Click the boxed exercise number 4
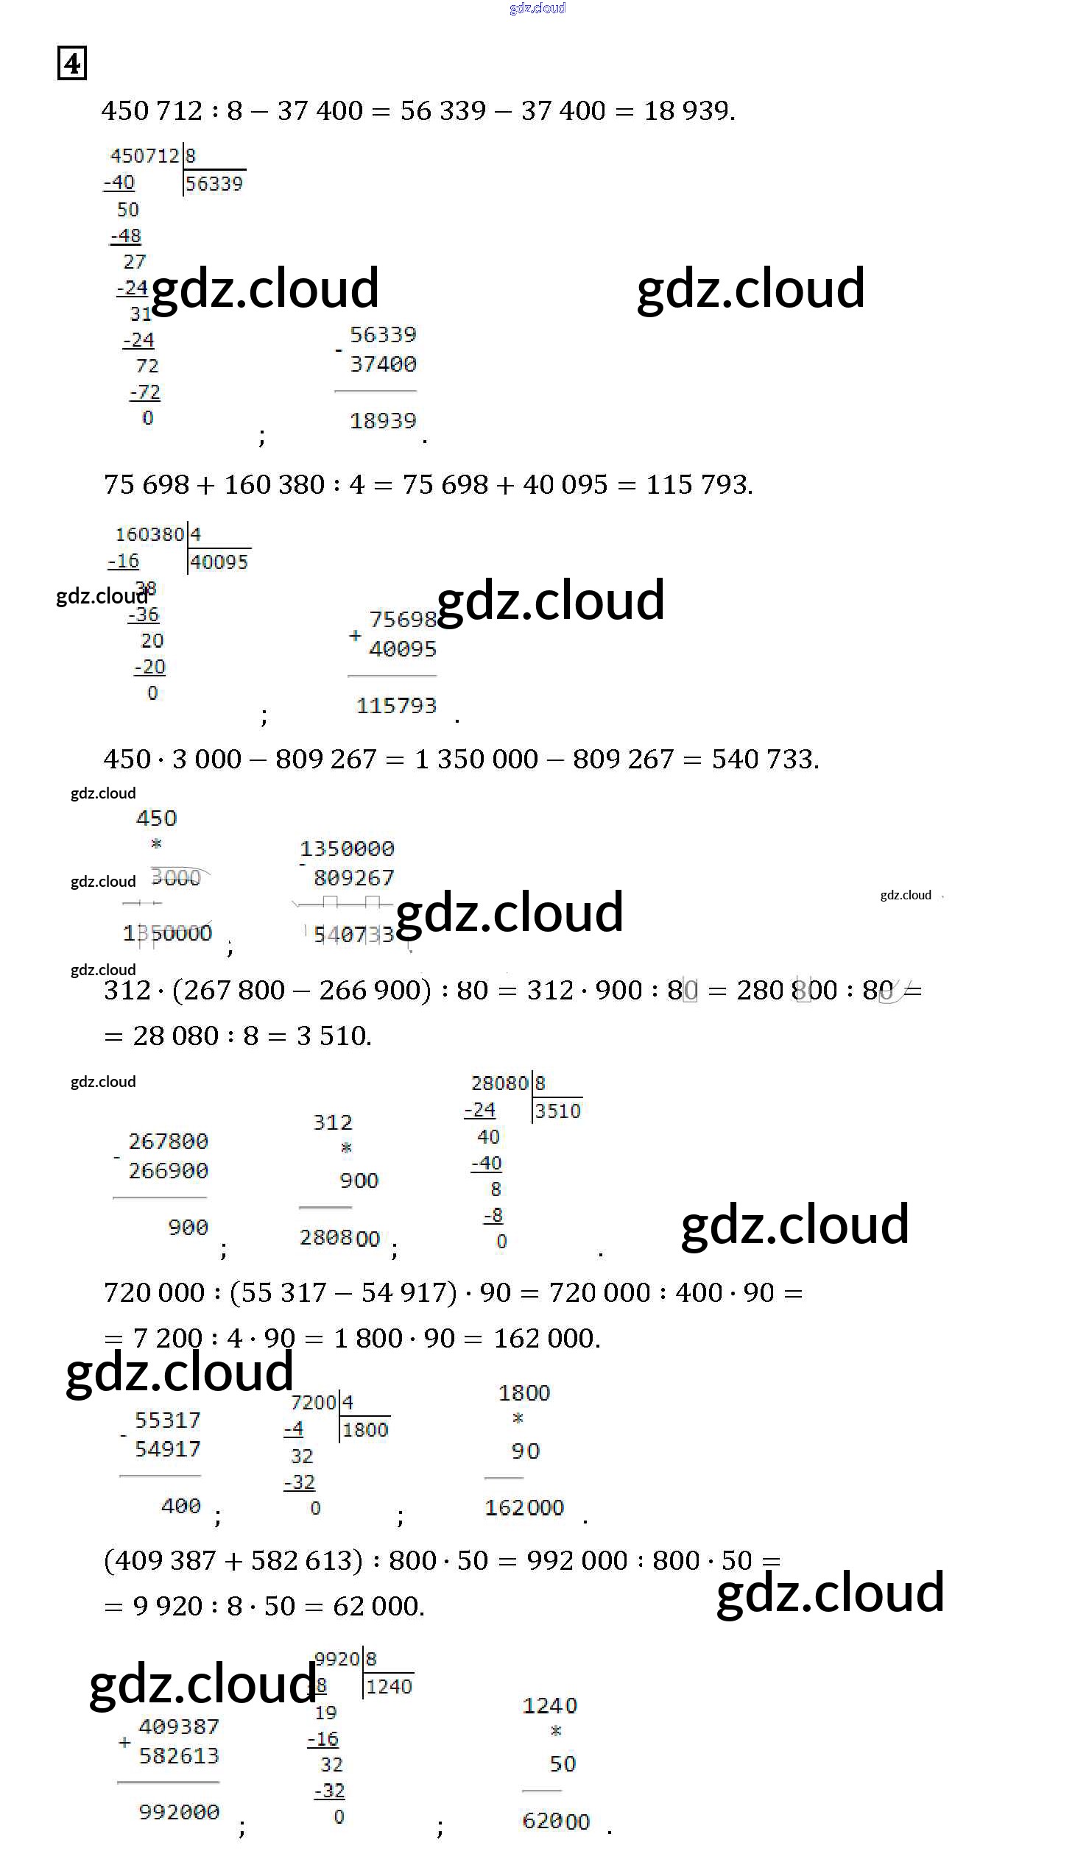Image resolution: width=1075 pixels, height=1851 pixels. [x=72, y=63]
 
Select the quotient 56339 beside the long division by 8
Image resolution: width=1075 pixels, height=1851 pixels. [x=214, y=184]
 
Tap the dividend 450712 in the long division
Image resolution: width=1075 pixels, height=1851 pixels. [x=144, y=156]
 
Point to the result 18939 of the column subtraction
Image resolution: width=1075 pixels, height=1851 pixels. [x=383, y=421]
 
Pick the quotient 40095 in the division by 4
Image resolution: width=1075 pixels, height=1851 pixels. [x=219, y=562]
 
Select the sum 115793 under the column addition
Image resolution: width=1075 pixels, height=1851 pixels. [x=396, y=706]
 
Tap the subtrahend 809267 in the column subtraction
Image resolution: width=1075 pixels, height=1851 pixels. [x=353, y=878]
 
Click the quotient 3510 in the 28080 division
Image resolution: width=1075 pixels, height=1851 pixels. [x=557, y=1111]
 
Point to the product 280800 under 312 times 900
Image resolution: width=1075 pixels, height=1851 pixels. [x=339, y=1238]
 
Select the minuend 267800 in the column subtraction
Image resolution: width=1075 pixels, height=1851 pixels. [x=168, y=1142]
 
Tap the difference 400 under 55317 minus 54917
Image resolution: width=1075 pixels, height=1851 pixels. [x=180, y=1506]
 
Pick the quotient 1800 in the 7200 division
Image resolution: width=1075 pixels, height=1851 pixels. [x=364, y=1430]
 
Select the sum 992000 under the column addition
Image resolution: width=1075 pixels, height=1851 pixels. [x=179, y=1811]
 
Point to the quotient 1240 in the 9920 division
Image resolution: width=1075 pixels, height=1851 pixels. [x=389, y=1687]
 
